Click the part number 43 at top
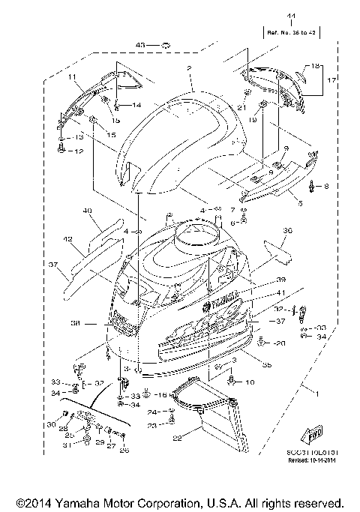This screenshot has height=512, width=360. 139,46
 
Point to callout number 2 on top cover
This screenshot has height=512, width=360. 190,68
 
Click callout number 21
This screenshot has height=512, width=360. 241,108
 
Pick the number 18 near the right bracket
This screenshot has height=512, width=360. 315,66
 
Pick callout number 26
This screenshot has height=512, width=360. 124,451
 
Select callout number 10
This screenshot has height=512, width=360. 250,382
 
